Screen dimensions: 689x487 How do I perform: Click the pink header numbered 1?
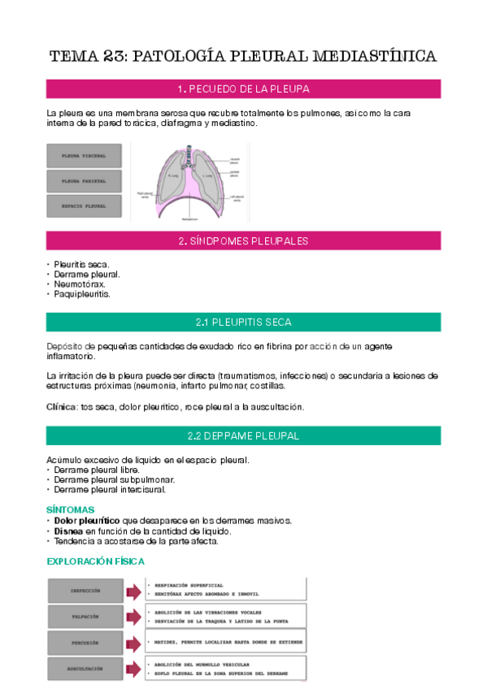243,89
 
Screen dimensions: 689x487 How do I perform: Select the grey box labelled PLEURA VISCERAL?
85,154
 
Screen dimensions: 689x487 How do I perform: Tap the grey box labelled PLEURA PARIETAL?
85,180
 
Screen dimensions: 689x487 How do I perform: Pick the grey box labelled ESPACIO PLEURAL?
85,206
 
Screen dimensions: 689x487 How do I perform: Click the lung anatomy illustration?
189,182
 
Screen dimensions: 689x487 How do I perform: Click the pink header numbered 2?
243,240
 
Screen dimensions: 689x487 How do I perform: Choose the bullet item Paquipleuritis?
82,294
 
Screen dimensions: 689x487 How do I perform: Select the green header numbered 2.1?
243,322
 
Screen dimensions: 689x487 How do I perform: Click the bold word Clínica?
61,405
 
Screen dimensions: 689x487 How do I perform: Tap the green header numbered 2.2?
243,435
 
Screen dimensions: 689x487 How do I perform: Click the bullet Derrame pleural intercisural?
110,489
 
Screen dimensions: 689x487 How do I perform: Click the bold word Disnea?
68,531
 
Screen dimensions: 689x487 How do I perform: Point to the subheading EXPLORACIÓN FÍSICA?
95,561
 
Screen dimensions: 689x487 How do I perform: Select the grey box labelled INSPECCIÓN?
85,590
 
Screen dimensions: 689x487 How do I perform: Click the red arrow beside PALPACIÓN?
133,616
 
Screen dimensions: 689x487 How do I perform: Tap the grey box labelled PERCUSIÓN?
85,642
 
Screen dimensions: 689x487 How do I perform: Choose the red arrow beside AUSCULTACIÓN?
133,668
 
